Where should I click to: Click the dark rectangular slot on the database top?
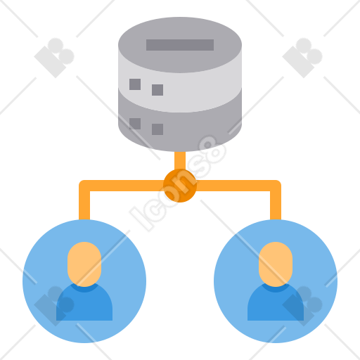coord(180,45)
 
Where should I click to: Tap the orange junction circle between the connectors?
coord(180,186)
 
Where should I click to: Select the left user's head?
coord(84,264)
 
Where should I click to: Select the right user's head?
coord(276,264)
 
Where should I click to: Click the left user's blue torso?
coord(84,304)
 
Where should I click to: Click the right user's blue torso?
coord(276,304)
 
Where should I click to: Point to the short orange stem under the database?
coord(180,160)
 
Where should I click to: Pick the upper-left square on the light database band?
coord(135,84)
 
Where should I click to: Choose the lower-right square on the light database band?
coord(157,90)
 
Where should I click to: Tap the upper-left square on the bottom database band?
coord(135,124)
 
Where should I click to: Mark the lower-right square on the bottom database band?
coord(157,129)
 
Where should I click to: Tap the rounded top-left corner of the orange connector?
coord(82,183)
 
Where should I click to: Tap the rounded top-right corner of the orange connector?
coord(278,183)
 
